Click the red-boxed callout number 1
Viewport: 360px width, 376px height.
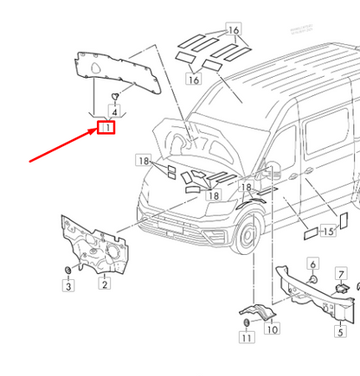107,129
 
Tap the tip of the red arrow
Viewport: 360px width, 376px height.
98,130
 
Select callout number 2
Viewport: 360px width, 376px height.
104,284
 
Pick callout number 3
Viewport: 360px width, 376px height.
67,286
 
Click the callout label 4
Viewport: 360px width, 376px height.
115,110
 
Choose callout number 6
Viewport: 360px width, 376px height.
313,264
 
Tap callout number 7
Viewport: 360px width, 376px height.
341,275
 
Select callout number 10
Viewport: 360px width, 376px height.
271,329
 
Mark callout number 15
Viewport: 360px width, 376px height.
329,232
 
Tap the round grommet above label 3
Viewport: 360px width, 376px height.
67,272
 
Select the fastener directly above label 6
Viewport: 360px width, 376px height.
313,279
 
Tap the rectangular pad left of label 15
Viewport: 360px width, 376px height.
308,232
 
